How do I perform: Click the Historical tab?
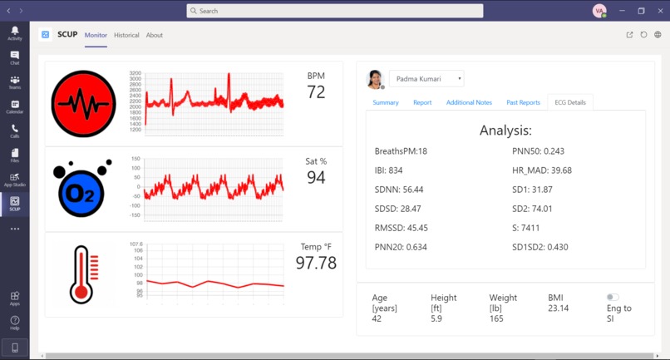coord(126,35)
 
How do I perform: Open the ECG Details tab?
coord(569,102)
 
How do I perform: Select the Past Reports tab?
coord(523,102)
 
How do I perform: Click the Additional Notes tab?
coord(469,102)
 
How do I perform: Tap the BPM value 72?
coord(316,92)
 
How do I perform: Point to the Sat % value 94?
coord(316,177)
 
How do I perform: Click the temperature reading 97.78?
coord(316,263)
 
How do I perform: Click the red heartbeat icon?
coord(83,104)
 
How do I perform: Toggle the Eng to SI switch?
coord(613,297)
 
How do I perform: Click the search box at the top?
coord(335,11)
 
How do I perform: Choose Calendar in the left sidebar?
coord(14,107)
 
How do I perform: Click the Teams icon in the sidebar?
coord(14,83)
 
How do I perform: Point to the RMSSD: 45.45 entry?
coord(402,227)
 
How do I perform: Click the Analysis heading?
coord(505,131)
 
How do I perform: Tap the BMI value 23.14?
coord(559,308)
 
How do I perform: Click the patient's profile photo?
coord(375,79)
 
